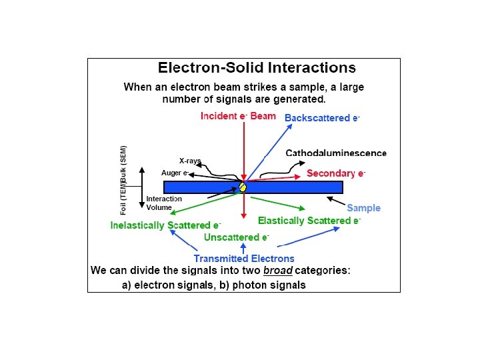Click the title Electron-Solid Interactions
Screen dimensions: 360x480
coord(256,67)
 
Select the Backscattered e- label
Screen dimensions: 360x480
coord(323,118)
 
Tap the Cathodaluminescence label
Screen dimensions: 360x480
coord(336,153)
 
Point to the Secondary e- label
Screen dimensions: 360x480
coord(336,173)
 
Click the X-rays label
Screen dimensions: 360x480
coord(190,161)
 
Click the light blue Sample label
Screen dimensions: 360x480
coord(363,208)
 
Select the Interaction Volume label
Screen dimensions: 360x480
coord(164,203)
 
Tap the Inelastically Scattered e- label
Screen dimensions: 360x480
coord(165,225)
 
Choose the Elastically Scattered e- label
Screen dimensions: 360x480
coord(309,221)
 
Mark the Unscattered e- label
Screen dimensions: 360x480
coord(237,237)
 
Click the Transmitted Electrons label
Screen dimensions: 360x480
coord(244,259)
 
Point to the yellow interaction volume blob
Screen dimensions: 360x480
coord(243,187)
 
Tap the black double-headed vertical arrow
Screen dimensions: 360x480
coord(141,187)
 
